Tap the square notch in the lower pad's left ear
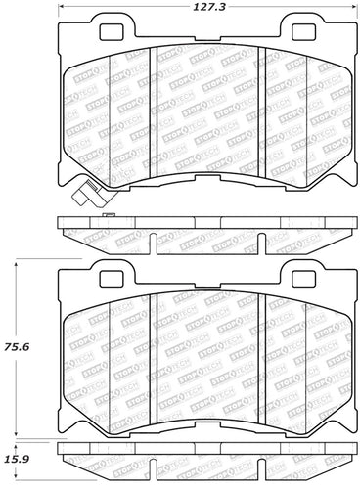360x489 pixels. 99,275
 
